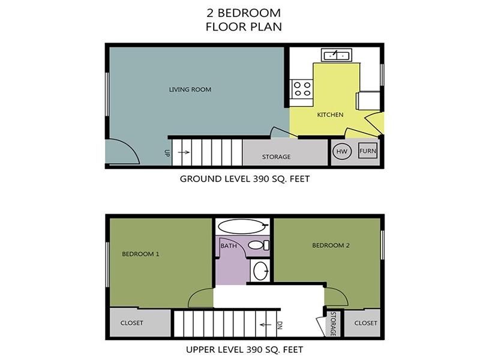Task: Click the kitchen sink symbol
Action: point(337,55)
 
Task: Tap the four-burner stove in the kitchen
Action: point(302,89)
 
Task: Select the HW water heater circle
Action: point(342,151)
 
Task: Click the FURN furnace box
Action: point(368,151)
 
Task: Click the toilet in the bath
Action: point(259,245)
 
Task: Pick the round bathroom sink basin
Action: point(261,271)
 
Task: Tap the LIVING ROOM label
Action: point(190,89)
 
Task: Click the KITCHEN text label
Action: point(330,115)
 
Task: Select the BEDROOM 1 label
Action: point(140,254)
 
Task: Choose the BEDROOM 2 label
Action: point(331,245)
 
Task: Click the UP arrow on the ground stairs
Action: point(184,152)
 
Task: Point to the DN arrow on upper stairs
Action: point(265,325)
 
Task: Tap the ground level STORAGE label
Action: point(276,157)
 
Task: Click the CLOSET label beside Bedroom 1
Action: point(131,323)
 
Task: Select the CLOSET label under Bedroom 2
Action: point(365,323)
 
